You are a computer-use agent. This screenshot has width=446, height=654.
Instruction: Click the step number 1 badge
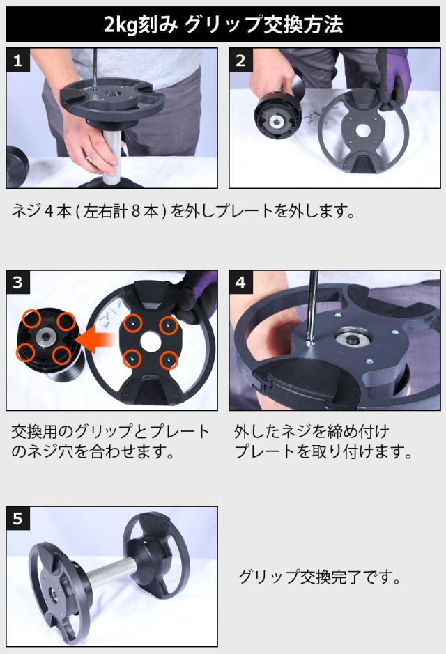point(17,61)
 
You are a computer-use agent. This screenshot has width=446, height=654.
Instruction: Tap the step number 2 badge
point(240,61)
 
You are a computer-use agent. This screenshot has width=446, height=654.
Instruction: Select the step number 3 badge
point(17,282)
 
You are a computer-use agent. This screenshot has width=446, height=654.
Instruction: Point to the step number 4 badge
point(240,282)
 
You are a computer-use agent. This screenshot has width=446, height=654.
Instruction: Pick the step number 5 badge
point(17,518)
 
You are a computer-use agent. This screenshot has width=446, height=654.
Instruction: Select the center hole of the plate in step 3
point(151,341)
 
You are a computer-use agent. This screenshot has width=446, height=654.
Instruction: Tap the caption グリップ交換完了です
point(320,577)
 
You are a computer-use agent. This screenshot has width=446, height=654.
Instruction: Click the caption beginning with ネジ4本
point(183,212)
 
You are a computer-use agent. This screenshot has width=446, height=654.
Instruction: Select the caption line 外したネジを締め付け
point(312,431)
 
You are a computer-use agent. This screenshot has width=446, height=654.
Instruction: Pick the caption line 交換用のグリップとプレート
point(110,431)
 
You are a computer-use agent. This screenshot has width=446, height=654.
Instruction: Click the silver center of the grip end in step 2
point(276,121)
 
